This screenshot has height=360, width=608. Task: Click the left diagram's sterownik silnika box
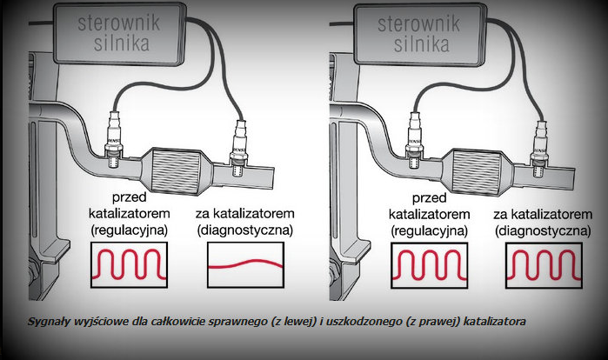click(x=119, y=34)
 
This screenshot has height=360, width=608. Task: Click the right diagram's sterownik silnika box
click(x=419, y=35)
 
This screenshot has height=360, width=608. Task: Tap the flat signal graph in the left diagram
click(x=245, y=265)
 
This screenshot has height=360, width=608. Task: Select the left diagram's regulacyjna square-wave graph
click(x=129, y=265)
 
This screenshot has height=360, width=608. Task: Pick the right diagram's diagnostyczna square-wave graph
click(x=544, y=265)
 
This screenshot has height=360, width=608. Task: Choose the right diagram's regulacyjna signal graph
click(x=429, y=265)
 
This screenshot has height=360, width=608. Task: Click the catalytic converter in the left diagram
click(x=175, y=170)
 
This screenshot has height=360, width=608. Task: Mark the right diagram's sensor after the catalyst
click(x=540, y=149)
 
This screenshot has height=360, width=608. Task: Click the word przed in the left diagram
click(x=129, y=197)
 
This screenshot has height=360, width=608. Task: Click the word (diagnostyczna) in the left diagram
click(x=245, y=230)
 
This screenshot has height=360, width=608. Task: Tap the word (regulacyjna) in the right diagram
click(x=429, y=231)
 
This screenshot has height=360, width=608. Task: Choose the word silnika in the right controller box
click(x=422, y=43)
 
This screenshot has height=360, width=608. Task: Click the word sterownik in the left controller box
click(x=119, y=23)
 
